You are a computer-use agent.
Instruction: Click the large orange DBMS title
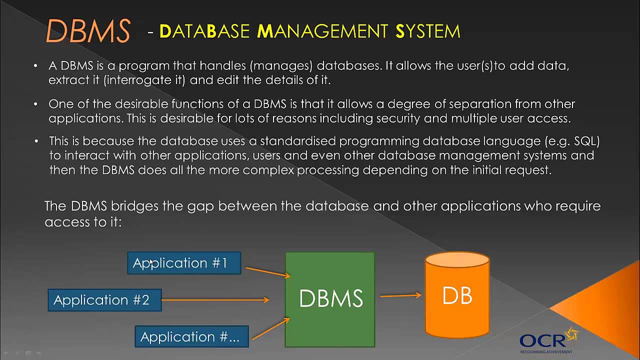click(x=88, y=31)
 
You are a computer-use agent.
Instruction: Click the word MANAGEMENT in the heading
click(x=322, y=31)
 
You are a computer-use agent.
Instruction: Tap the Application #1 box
click(x=184, y=263)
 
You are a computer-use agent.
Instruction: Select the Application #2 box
click(x=104, y=300)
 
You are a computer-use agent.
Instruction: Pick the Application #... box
click(x=191, y=336)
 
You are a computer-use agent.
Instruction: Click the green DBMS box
click(x=330, y=299)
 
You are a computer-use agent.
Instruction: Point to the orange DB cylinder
click(x=457, y=296)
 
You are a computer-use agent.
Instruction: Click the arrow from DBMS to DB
click(x=400, y=295)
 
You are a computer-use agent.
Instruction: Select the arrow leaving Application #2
click(x=215, y=300)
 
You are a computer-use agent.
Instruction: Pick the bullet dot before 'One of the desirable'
click(x=35, y=104)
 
